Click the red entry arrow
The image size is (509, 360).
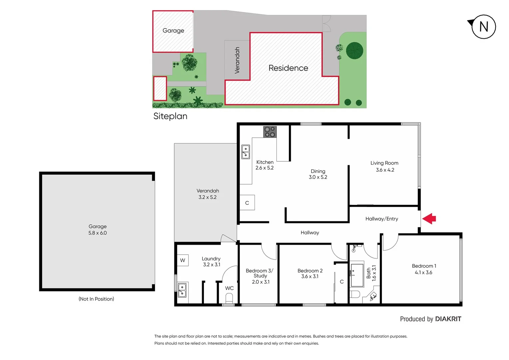coord(429,219)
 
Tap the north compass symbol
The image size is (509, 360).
coord(483,27)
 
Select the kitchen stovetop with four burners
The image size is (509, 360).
coord(270,132)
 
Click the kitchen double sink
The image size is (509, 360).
coord(246,152)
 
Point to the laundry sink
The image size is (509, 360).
coord(182,290)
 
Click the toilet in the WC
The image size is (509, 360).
coord(229,297)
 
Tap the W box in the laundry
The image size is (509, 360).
coord(183,260)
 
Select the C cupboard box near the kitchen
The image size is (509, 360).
coord(247,203)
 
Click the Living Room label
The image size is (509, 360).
coord(384,163)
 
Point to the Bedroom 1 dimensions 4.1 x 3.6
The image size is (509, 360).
coord(423,272)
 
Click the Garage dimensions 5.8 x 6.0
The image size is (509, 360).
coord(98,233)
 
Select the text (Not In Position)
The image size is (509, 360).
coord(96,299)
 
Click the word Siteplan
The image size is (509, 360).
coord(170,116)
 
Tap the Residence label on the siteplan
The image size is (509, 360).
coord(288,68)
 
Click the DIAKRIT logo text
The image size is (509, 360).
coord(448,319)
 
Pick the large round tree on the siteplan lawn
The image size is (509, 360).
coord(354,51)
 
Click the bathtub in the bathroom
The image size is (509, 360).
coord(357,275)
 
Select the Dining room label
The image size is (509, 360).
coord(318,171)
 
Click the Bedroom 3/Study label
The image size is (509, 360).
coord(259,273)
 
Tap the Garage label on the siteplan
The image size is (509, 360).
coord(173,31)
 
